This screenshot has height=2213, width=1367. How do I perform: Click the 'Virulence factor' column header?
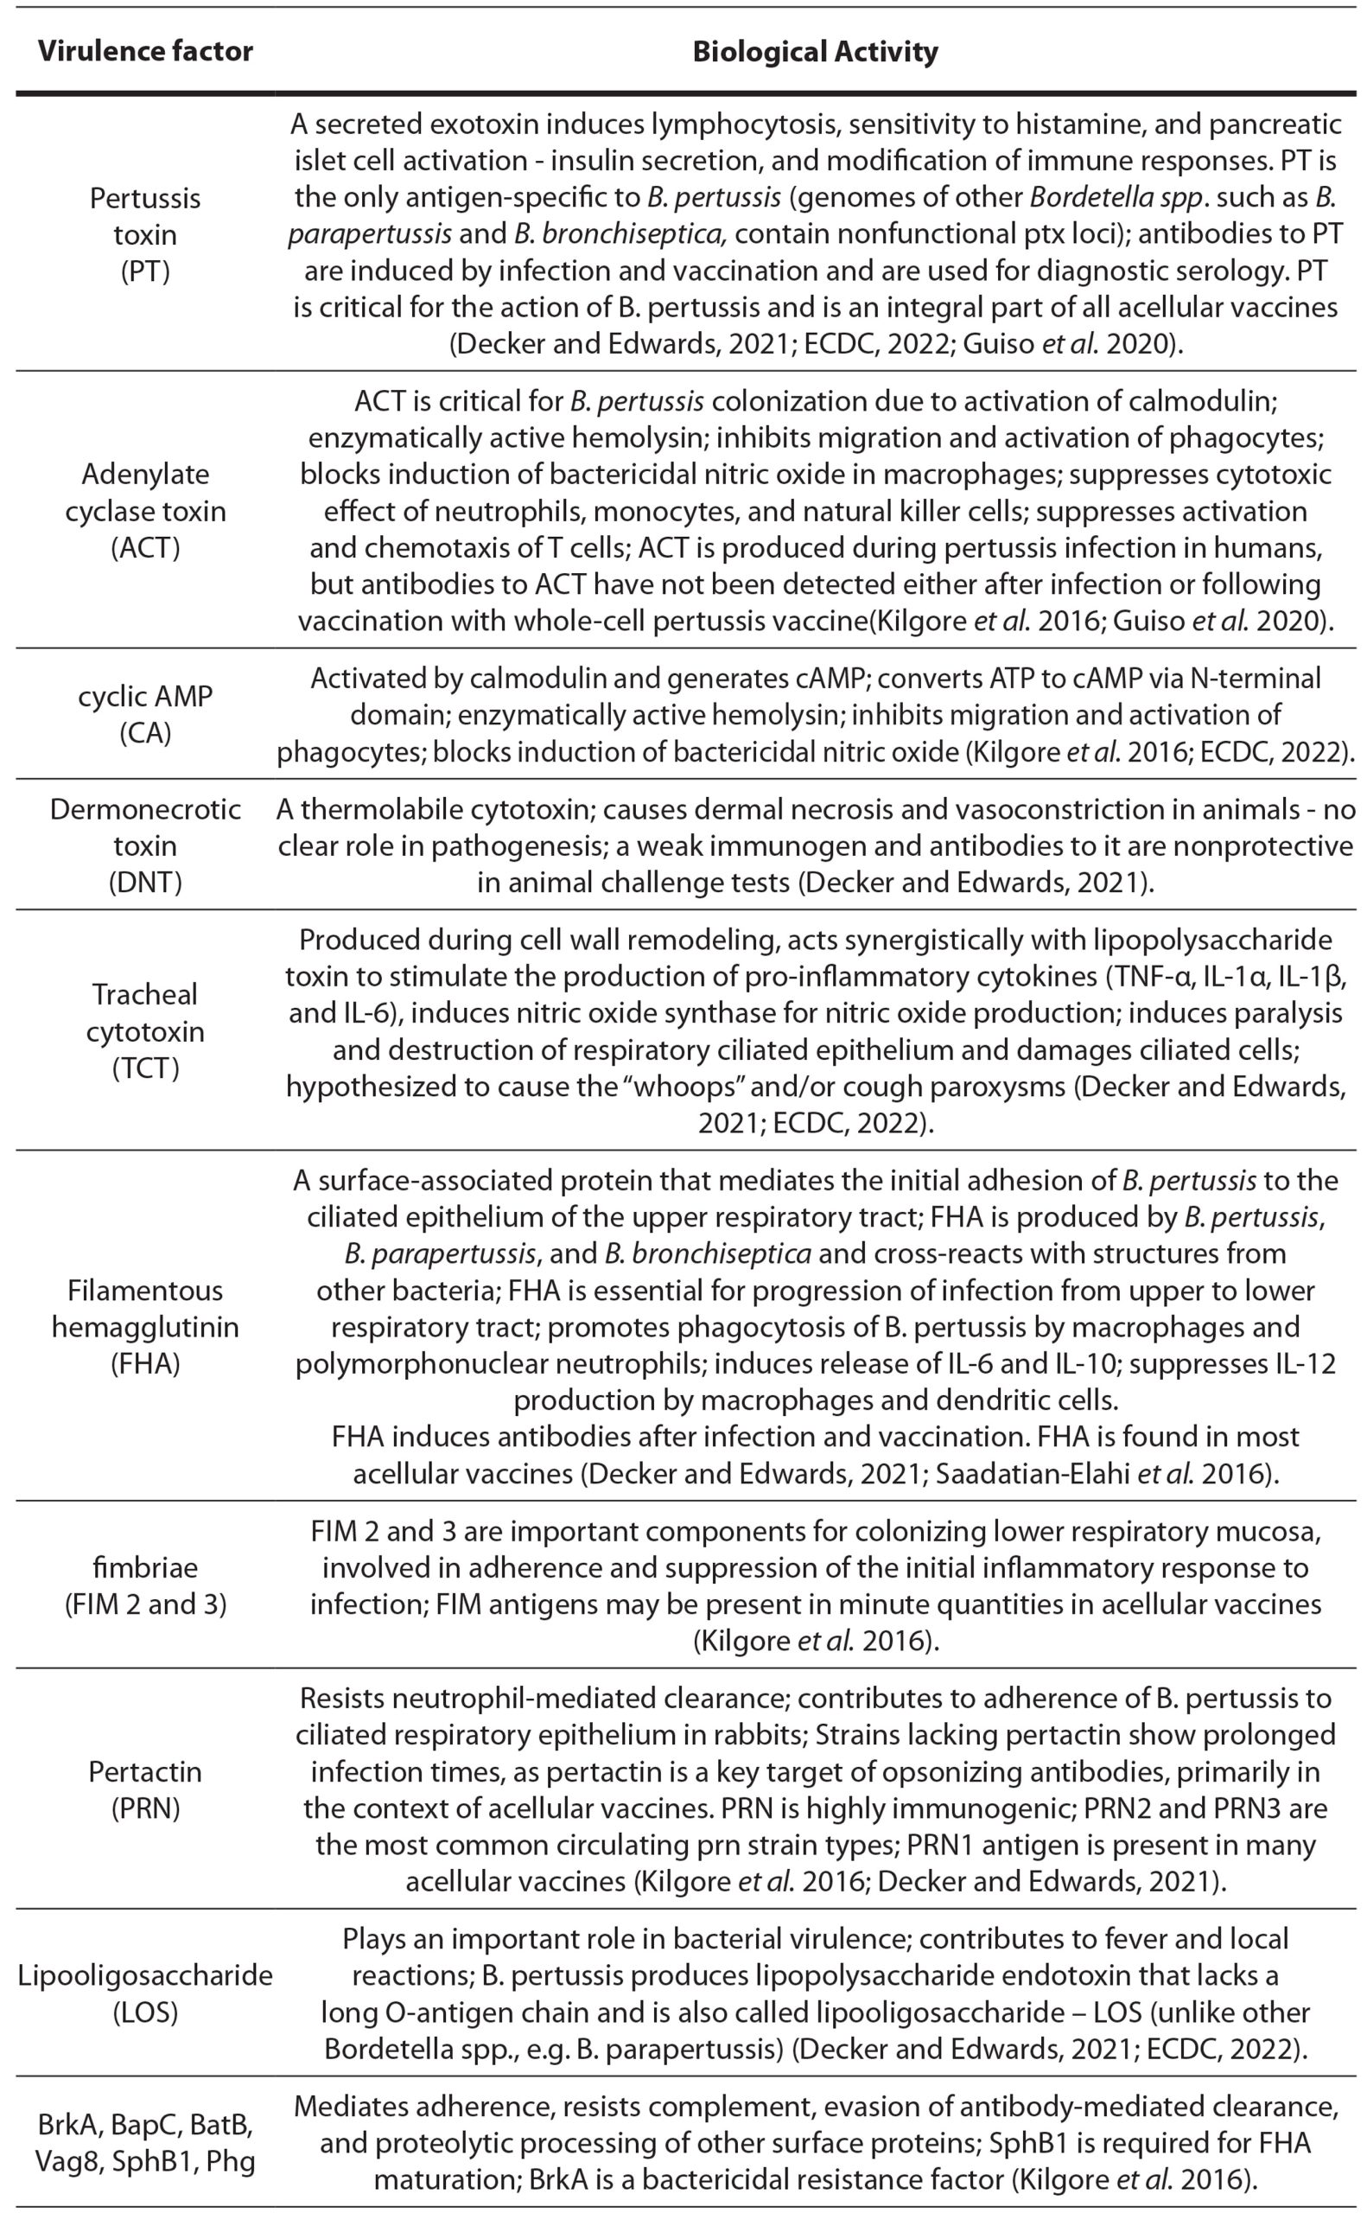click(144, 52)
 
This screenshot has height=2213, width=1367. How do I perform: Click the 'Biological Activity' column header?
click(815, 52)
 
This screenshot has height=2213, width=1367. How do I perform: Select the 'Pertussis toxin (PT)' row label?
click(144, 234)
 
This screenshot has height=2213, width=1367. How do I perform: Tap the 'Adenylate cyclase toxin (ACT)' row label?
click(144, 511)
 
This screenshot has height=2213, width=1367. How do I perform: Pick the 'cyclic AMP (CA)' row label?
click(144, 714)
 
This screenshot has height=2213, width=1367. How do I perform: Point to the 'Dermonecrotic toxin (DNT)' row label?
click(144, 845)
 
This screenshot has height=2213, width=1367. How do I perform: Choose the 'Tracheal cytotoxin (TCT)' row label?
click(144, 1031)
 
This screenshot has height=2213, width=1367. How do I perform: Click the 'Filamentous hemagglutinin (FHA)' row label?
click(144, 1327)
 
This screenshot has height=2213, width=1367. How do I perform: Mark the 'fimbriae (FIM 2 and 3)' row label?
click(144, 1585)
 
